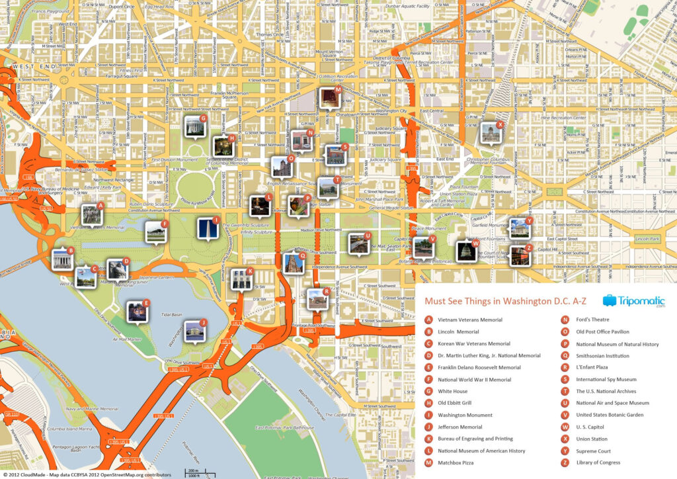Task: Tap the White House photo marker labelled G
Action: pos(194,126)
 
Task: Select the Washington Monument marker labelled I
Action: pos(208,228)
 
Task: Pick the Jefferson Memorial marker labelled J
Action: pos(194,331)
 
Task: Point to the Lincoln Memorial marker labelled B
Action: pos(61,259)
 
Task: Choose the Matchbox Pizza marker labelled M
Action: pos(329,98)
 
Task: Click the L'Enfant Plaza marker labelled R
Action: pos(317,300)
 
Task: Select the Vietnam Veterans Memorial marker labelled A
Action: pos(91,214)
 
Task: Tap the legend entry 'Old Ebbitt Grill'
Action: pos(454,403)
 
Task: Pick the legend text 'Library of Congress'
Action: pos(598,462)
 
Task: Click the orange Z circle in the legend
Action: pos(565,462)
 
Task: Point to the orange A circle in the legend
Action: pos(429,320)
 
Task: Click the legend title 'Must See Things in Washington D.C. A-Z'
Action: pos(505,301)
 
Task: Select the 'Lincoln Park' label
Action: pos(647,238)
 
